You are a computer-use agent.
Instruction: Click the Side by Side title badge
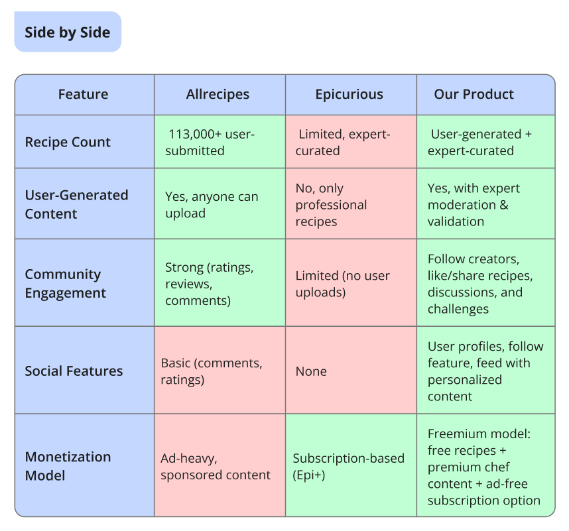pos(68,32)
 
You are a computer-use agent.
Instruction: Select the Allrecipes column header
pos(218,94)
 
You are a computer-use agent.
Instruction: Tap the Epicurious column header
pos(349,94)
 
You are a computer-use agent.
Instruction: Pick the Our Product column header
pos(474,94)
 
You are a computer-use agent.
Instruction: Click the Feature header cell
pos(83,94)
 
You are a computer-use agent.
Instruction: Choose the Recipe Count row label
pos(68,142)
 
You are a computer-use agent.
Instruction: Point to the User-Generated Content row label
pos(76,204)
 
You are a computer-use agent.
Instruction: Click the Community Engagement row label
pos(66,283)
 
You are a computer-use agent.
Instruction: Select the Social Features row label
pos(74,371)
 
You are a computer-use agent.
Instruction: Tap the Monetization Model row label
pos(68,466)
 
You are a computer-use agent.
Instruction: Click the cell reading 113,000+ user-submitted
pos(212,143)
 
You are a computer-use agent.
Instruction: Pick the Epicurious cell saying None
pos(311,371)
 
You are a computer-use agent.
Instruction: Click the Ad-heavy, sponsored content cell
pos(216,466)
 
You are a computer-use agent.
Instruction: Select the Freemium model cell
pos(483,467)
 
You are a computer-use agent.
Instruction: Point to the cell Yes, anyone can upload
pos(212,205)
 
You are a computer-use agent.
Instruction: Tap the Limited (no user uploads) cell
pos(342,284)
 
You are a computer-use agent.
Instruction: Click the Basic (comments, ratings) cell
pos(212,371)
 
